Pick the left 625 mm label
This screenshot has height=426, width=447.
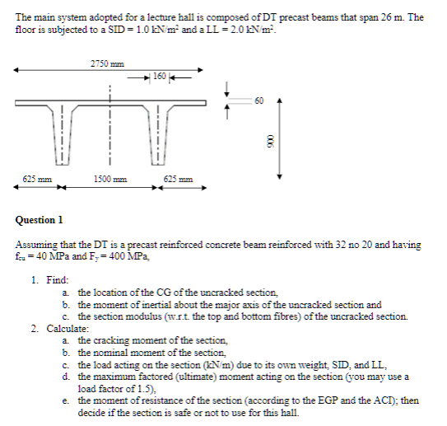33,179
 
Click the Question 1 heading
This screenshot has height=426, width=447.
40,220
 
